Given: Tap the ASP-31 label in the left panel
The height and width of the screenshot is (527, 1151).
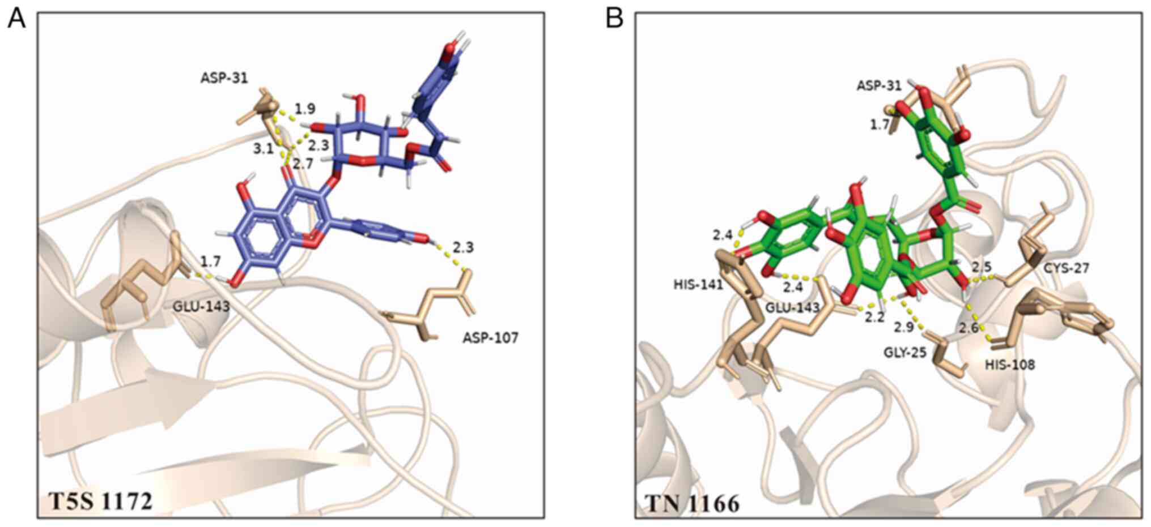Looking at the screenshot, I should pyautogui.click(x=224, y=78).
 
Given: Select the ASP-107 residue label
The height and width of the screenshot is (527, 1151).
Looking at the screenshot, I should pyautogui.click(x=490, y=338).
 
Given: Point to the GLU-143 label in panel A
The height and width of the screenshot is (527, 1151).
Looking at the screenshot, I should pyautogui.click(x=202, y=307).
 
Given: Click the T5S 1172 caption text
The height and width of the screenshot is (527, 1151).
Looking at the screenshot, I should pyautogui.click(x=100, y=501).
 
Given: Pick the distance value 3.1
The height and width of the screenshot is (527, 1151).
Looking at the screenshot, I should pyautogui.click(x=263, y=148).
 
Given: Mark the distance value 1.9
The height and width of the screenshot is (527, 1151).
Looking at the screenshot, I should pyautogui.click(x=305, y=109).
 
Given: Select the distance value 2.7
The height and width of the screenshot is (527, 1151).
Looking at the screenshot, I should pyautogui.click(x=303, y=164).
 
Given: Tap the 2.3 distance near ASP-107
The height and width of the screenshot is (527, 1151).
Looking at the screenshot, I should pyautogui.click(x=463, y=247).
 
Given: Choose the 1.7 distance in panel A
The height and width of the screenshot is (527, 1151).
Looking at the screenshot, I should pyautogui.click(x=210, y=261).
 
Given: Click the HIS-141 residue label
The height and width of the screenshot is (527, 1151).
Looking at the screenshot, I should pyautogui.click(x=698, y=284).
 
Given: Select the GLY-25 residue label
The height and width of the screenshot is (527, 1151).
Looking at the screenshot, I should pyautogui.click(x=905, y=353).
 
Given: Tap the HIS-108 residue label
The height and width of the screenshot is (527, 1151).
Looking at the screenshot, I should pyautogui.click(x=1010, y=365).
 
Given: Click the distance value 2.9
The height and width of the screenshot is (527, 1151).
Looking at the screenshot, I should pyautogui.click(x=904, y=327).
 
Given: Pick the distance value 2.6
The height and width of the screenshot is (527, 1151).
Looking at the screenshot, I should pyautogui.click(x=969, y=327).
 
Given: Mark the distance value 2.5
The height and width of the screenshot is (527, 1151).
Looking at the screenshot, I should pyautogui.click(x=982, y=266).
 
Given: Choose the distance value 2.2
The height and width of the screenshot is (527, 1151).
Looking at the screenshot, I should pyautogui.click(x=874, y=317).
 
